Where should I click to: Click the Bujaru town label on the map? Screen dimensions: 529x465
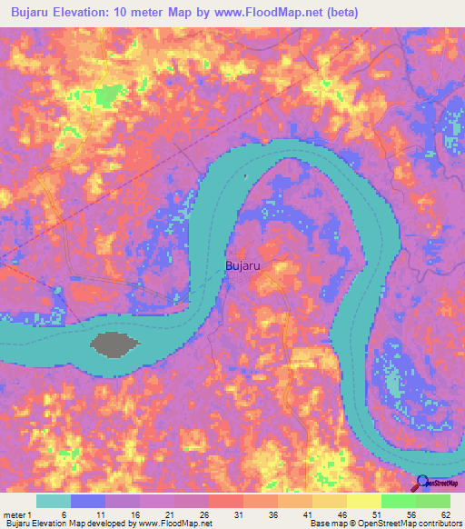(243, 266)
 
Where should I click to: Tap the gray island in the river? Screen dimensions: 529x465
(114, 344)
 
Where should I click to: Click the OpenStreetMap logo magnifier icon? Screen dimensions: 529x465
(422, 484)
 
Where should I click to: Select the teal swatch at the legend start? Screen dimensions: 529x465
(54, 501)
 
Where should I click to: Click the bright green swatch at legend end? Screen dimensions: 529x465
(433, 501)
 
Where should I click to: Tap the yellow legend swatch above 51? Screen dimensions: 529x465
(364, 501)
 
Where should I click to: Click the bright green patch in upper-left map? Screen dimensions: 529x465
(108, 95)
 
